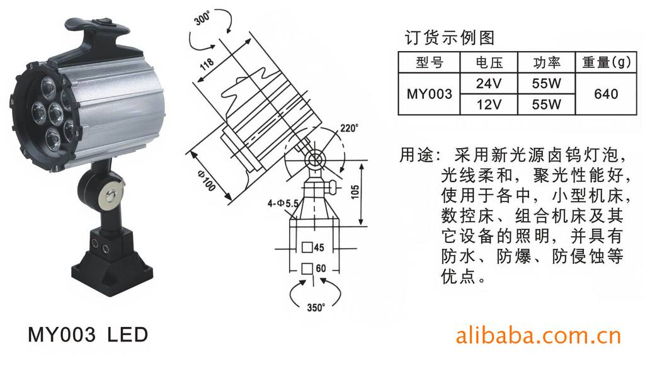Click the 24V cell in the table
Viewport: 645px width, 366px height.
click(x=489, y=84)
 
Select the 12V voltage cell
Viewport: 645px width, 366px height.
click(x=489, y=104)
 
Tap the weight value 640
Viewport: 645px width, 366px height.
click(x=606, y=94)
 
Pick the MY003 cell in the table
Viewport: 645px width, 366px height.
click(x=429, y=94)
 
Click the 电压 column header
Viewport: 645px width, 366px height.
click(x=489, y=62)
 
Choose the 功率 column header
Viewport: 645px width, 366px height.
click(x=547, y=62)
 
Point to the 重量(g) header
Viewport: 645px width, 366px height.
click(x=607, y=62)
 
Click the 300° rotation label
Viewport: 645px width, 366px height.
click(x=202, y=18)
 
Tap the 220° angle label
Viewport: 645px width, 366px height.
click(x=349, y=129)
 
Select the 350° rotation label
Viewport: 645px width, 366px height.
click(x=316, y=307)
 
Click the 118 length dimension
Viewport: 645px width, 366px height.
click(x=207, y=64)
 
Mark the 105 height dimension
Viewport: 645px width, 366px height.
click(x=355, y=192)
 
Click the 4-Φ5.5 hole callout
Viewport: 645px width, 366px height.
click(x=283, y=203)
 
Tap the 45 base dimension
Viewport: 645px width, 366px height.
click(x=319, y=248)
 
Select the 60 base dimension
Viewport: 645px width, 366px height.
click(x=321, y=268)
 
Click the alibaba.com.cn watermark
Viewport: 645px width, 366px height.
click(x=538, y=336)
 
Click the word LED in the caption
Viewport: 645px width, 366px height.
click(x=127, y=335)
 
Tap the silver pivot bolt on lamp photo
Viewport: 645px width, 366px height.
click(x=111, y=196)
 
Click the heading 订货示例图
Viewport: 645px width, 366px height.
click(x=449, y=38)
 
